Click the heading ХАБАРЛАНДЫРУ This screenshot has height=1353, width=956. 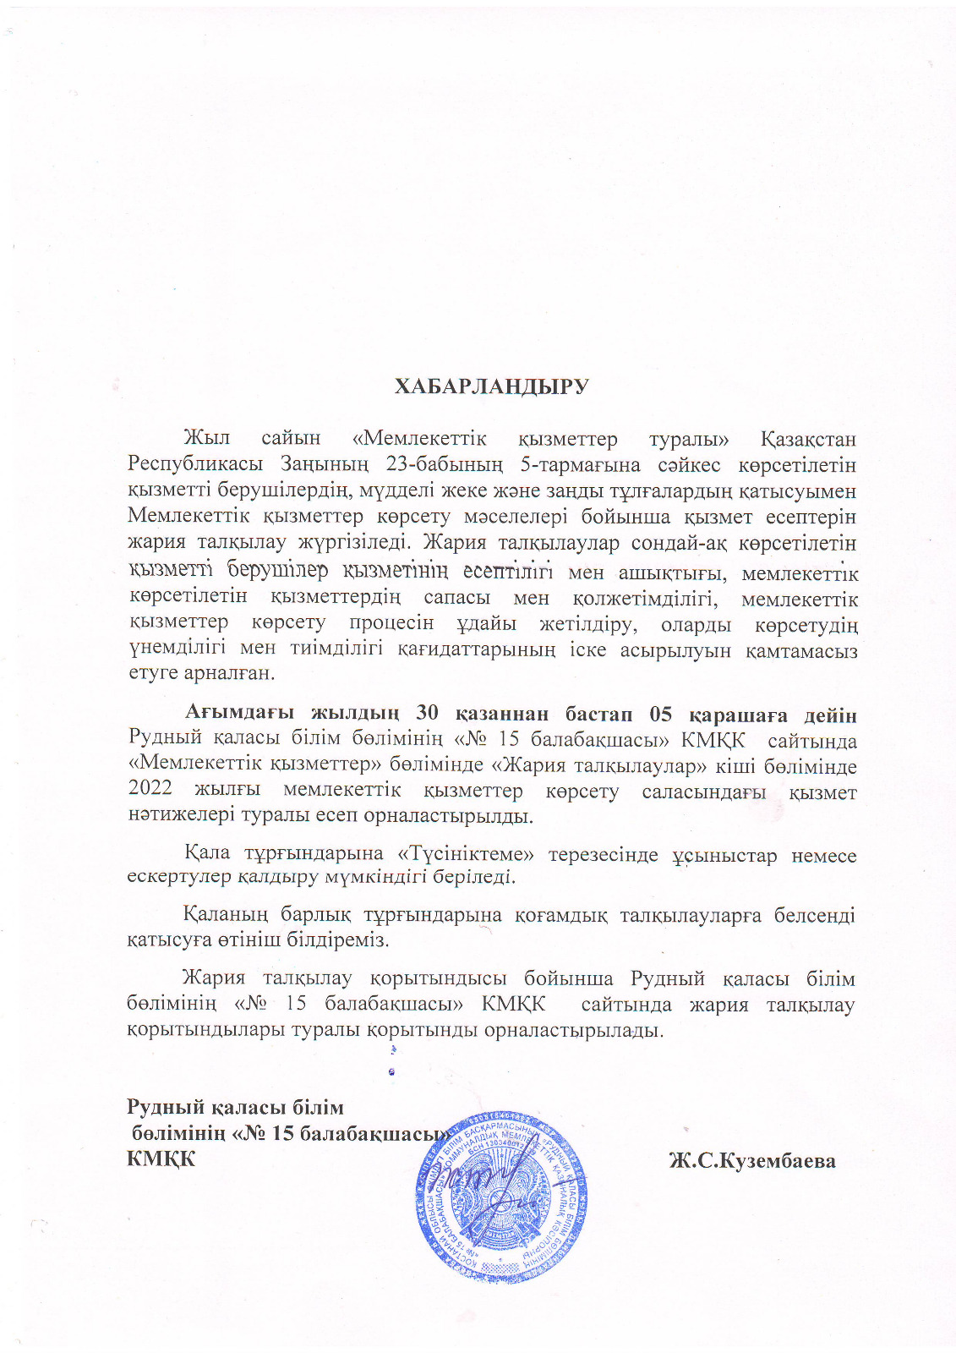tap(491, 387)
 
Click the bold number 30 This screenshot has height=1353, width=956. tap(429, 715)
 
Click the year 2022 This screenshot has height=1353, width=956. tap(150, 792)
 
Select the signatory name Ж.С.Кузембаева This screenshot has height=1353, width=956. tap(752, 1161)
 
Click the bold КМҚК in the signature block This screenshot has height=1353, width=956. tap(161, 1159)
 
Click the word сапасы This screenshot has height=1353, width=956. tap(456, 598)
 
